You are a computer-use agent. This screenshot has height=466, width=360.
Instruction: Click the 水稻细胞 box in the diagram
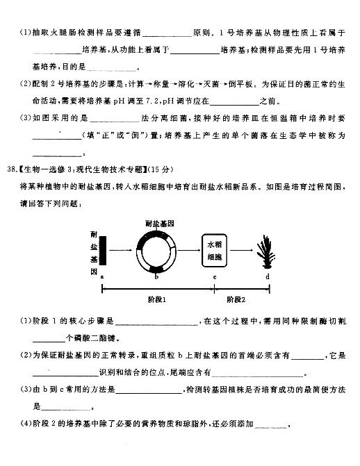click(x=213, y=249)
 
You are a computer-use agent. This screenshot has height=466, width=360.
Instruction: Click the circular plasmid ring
click(x=157, y=251)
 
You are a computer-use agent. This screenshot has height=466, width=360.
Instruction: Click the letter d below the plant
click(x=267, y=277)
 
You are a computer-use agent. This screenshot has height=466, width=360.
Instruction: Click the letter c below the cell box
click(x=214, y=277)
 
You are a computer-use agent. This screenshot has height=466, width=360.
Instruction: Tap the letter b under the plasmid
click(x=157, y=277)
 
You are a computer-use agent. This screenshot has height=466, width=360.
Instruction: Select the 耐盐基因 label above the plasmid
click(x=158, y=222)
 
